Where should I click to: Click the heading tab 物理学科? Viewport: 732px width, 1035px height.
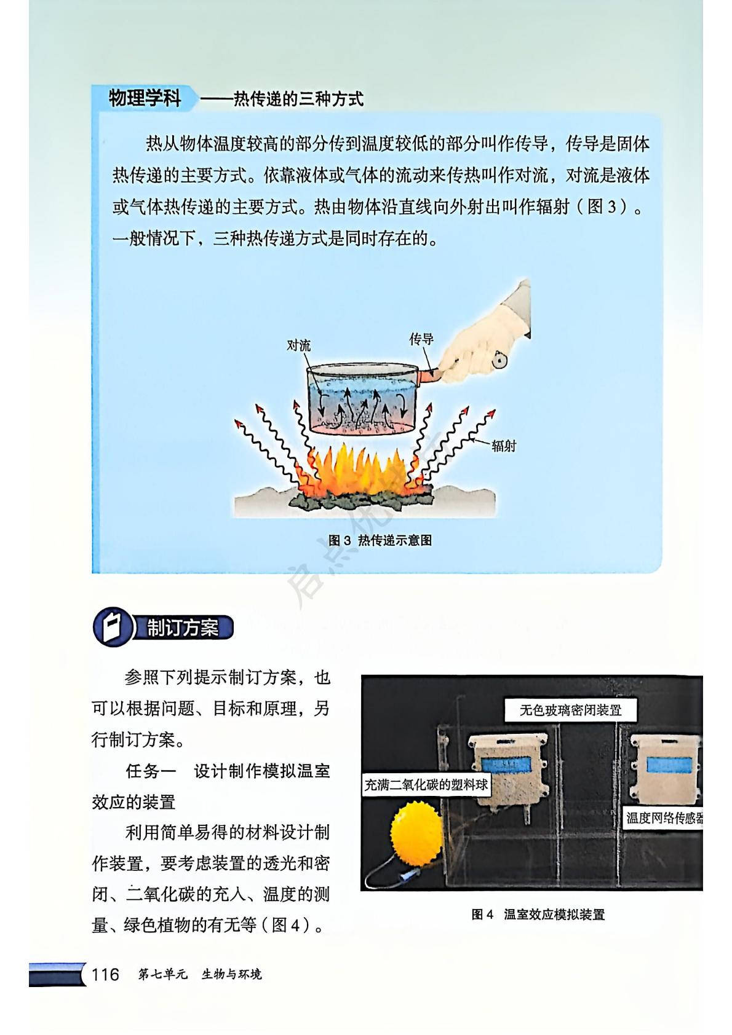145,98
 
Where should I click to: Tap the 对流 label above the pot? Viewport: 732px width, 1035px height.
299,345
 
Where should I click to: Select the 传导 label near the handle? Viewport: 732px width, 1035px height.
421,339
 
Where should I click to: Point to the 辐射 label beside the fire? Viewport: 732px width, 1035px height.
504,446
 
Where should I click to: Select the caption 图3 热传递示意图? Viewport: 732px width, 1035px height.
380,540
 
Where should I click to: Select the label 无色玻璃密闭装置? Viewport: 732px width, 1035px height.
570,710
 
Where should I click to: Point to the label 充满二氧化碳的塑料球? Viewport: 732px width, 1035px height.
426,785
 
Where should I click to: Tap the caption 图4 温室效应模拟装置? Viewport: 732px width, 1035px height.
538,915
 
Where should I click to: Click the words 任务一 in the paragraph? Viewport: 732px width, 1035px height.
151,771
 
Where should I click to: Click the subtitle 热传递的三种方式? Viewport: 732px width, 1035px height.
298,99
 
